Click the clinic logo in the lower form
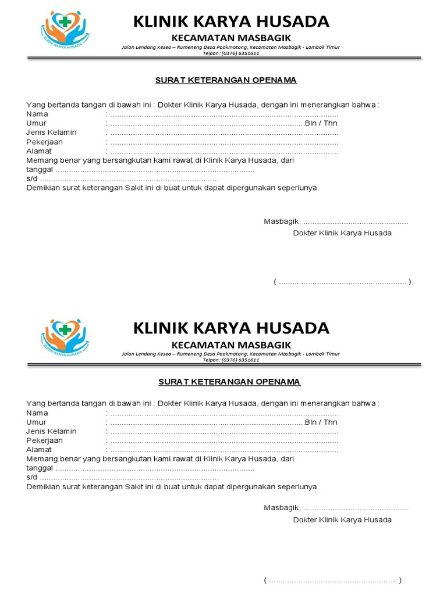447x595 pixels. point(65,337)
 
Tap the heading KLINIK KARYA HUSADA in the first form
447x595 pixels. point(231,22)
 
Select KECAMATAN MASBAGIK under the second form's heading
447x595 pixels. point(231,345)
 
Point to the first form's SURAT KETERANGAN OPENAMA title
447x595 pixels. point(226,80)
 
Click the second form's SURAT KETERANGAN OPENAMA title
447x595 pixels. point(229,382)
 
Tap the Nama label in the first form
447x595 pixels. point(37,114)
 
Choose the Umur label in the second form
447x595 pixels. point(36,422)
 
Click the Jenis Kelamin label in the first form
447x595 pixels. point(51,132)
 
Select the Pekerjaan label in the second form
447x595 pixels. point(44,440)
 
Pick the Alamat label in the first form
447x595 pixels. point(39,151)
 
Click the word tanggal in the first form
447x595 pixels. point(40,170)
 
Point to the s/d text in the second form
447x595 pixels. point(31,477)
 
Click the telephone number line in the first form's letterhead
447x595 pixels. point(231,53)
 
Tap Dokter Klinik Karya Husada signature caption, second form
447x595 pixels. point(342,520)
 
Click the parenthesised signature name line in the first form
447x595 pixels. point(342,282)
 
